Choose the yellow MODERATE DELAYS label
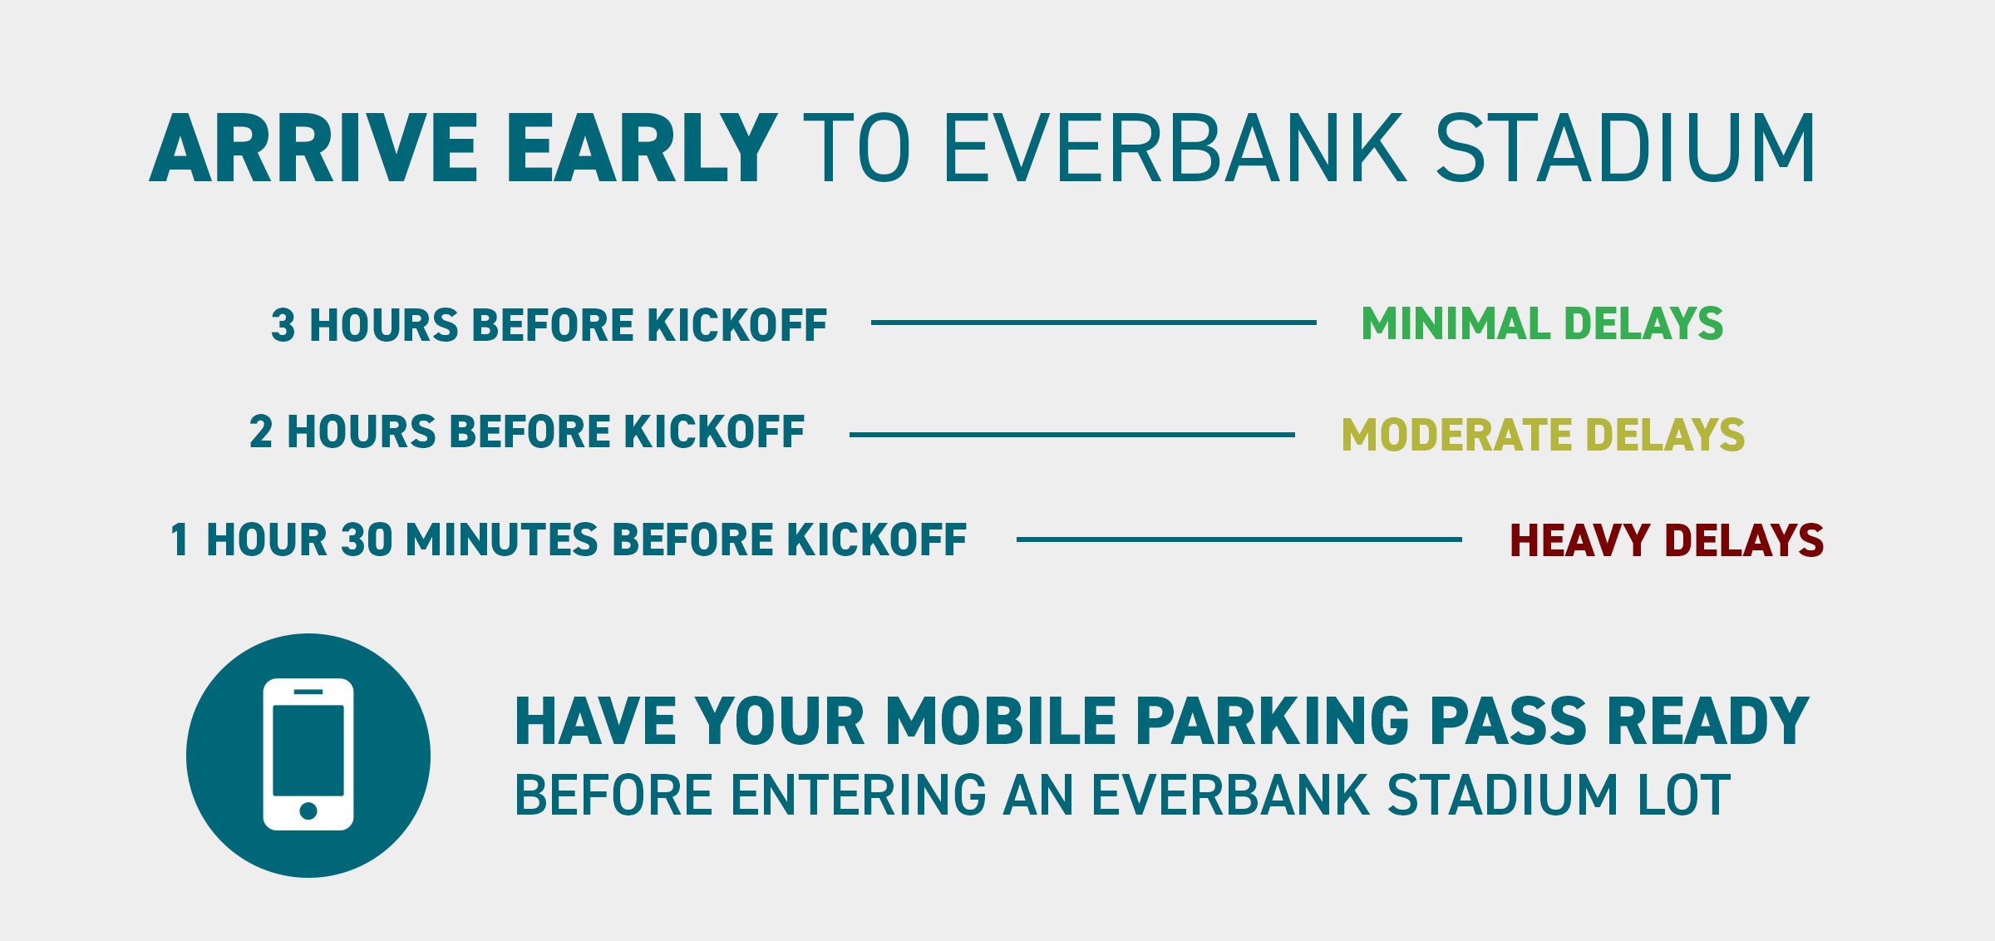tap(1544, 434)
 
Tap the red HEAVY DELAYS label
tap(1667, 539)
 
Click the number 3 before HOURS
tap(283, 325)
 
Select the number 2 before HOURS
tap(261, 432)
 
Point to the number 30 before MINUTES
tap(367, 539)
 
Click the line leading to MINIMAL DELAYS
tap(1094, 322)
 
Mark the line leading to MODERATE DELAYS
tap(1072, 434)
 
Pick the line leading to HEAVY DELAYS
tap(1239, 539)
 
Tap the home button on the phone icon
tap(308, 810)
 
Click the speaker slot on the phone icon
tap(308, 692)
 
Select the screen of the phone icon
tap(308, 750)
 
